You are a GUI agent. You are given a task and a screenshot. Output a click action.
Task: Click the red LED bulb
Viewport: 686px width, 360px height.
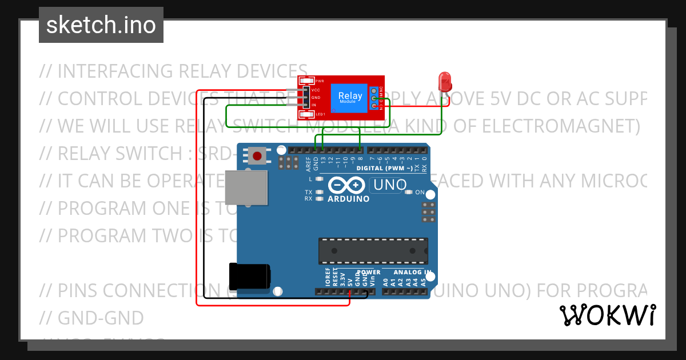(445, 82)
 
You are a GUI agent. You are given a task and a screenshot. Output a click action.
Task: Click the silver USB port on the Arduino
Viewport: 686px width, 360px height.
(246, 187)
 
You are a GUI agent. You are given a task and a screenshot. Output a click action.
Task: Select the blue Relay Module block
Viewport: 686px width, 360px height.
(349, 98)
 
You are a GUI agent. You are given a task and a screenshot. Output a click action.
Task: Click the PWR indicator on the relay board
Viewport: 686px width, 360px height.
(310, 81)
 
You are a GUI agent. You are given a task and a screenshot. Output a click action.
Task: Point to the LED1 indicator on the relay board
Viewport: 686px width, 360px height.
(310, 114)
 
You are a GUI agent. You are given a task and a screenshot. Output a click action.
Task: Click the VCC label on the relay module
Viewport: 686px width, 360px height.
(316, 90)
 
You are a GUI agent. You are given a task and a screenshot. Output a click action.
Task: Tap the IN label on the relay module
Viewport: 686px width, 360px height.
(314, 105)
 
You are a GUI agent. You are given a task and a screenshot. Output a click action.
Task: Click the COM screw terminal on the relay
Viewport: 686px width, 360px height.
(374, 98)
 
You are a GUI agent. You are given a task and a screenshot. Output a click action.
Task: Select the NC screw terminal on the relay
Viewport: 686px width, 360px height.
(374, 90)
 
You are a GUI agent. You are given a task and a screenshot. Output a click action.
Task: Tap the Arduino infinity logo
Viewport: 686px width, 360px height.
(346, 185)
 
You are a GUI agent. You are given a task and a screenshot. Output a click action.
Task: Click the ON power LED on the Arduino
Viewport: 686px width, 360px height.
(409, 192)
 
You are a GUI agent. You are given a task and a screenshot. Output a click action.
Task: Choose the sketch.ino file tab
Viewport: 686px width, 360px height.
(101, 25)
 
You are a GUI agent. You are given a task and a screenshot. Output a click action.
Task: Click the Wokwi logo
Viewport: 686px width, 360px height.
(607, 315)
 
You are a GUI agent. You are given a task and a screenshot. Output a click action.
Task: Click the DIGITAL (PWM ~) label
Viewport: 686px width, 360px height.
(384, 168)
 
